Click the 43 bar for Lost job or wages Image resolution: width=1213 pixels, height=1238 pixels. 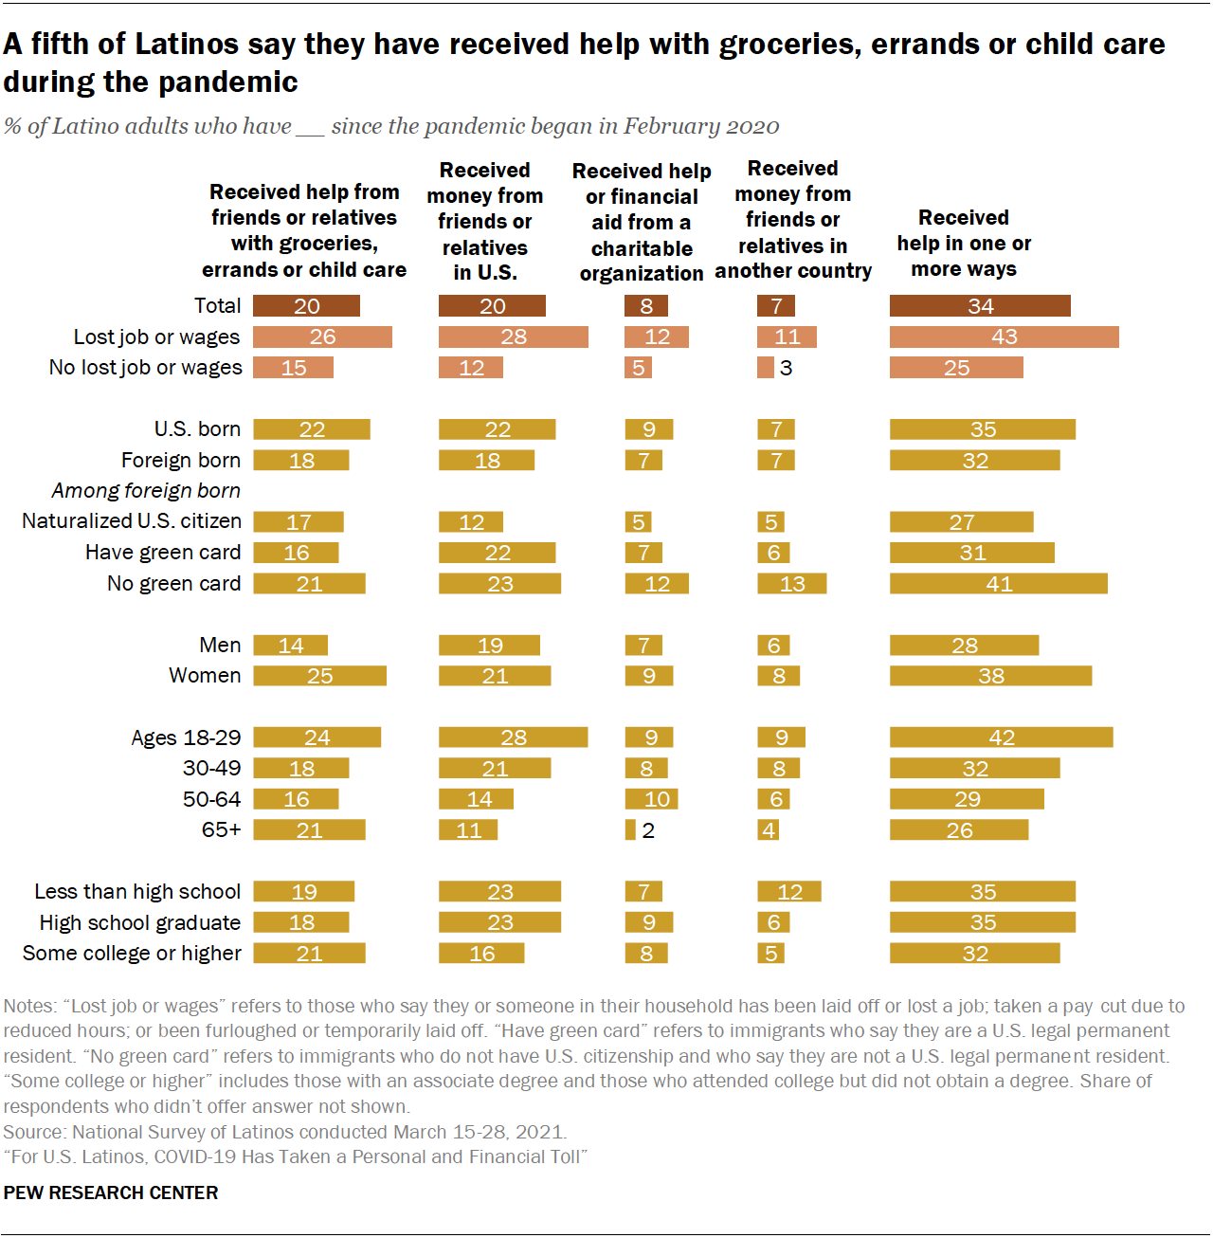click(1004, 337)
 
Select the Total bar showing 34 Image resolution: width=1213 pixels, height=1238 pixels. click(980, 306)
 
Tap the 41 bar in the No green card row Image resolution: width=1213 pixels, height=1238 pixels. click(998, 584)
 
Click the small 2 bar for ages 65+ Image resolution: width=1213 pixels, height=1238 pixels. click(630, 830)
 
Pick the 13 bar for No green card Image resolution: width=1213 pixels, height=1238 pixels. click(791, 584)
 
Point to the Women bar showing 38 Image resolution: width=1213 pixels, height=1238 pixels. click(990, 676)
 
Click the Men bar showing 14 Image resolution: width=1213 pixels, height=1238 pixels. click(290, 646)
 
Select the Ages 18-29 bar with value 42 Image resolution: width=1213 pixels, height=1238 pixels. click(1001, 737)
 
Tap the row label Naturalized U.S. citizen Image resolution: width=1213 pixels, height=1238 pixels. click(132, 521)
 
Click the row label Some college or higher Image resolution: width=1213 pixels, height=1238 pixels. click(132, 954)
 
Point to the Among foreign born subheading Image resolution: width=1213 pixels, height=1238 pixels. click(146, 491)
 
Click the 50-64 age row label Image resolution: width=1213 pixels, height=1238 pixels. click(211, 799)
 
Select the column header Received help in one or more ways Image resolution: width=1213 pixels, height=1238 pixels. click(964, 244)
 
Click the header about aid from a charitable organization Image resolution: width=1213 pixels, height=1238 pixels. click(642, 223)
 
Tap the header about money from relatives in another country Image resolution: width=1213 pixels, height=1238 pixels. click(793, 220)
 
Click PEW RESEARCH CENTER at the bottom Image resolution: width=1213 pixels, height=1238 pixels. click(111, 1192)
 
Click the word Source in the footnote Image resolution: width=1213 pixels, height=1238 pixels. click(33, 1132)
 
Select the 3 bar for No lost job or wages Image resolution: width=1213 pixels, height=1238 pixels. click(766, 368)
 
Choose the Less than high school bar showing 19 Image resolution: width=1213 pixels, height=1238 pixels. click(303, 892)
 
